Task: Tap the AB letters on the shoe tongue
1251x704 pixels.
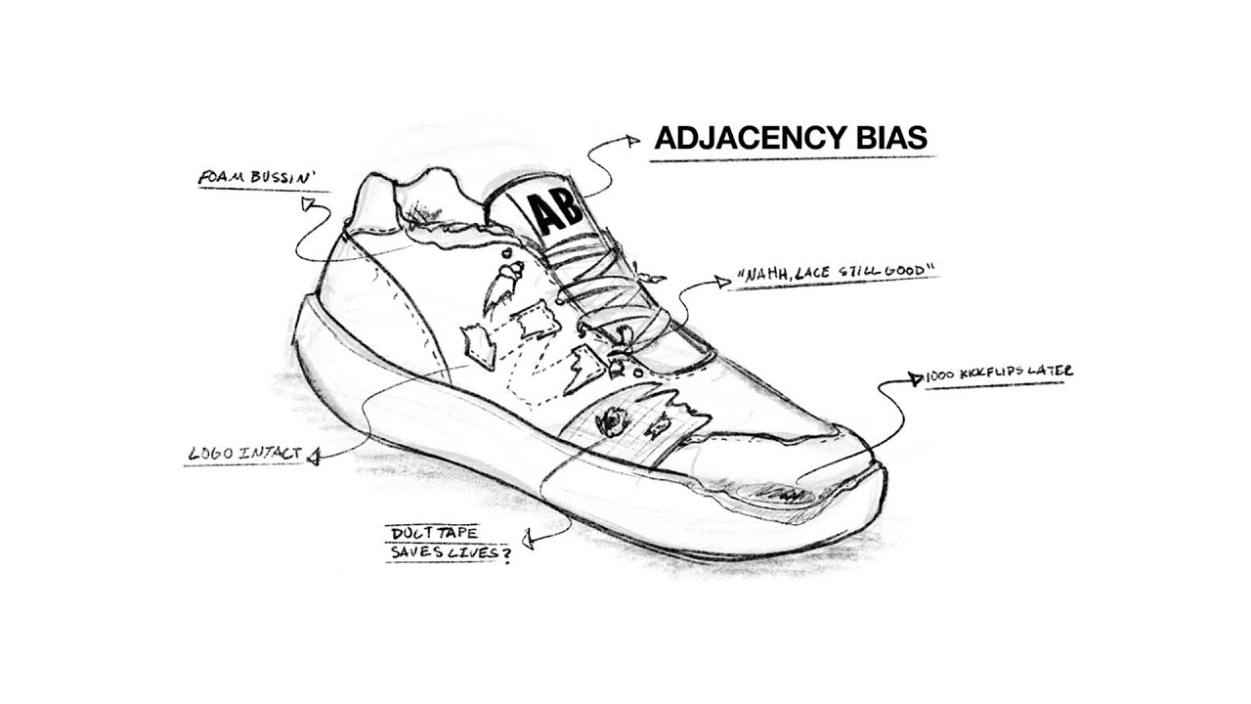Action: (x=555, y=214)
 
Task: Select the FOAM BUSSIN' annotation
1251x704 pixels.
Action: (x=257, y=178)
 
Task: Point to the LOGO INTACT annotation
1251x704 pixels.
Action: (x=245, y=453)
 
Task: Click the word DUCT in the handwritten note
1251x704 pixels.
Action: (x=411, y=533)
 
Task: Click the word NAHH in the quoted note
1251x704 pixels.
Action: (x=764, y=275)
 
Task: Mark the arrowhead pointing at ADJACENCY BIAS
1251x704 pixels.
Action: (x=631, y=141)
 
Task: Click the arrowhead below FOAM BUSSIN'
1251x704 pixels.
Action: (x=308, y=203)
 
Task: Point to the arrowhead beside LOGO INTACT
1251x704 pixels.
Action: (x=314, y=458)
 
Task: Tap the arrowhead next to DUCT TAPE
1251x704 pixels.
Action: (x=527, y=540)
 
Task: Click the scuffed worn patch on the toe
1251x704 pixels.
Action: (x=775, y=494)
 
